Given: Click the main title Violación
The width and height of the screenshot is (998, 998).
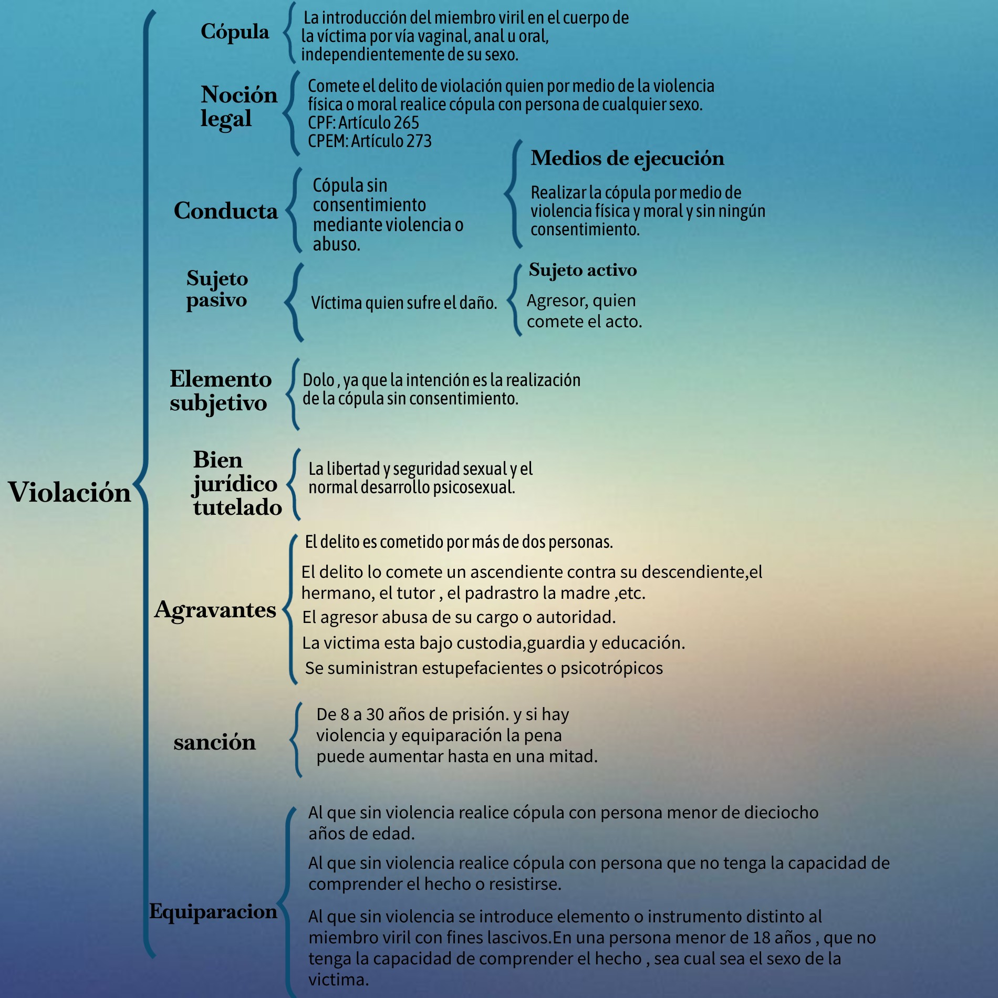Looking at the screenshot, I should (69, 493).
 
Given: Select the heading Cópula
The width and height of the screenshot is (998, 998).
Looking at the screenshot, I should (235, 32).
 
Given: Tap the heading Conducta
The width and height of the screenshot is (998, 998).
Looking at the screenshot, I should (226, 211).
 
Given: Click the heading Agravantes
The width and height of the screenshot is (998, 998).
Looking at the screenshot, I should (215, 610).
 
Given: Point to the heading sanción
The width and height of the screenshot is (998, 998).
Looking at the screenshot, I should (215, 742).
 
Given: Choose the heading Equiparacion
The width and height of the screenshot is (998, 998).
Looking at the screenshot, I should (213, 911).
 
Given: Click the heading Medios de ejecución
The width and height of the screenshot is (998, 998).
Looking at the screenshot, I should (627, 158).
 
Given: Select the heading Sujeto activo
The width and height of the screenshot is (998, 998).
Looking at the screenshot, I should (583, 270).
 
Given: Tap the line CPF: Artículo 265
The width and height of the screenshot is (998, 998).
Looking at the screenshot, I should (363, 123).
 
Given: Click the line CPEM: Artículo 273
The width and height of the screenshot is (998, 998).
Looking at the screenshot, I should (370, 141).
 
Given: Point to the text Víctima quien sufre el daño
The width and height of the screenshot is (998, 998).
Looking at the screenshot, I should (404, 303).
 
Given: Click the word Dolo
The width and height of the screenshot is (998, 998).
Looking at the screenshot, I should (319, 380).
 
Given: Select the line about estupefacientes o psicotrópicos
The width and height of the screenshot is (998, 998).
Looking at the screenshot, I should (484, 668).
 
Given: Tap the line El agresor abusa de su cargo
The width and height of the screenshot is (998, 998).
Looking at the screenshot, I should (459, 617).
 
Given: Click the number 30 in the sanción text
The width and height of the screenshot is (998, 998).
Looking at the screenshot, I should (375, 714).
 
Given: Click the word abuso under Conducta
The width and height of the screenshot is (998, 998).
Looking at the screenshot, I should (336, 245).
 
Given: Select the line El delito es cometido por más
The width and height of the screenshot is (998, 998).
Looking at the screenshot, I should (459, 542).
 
